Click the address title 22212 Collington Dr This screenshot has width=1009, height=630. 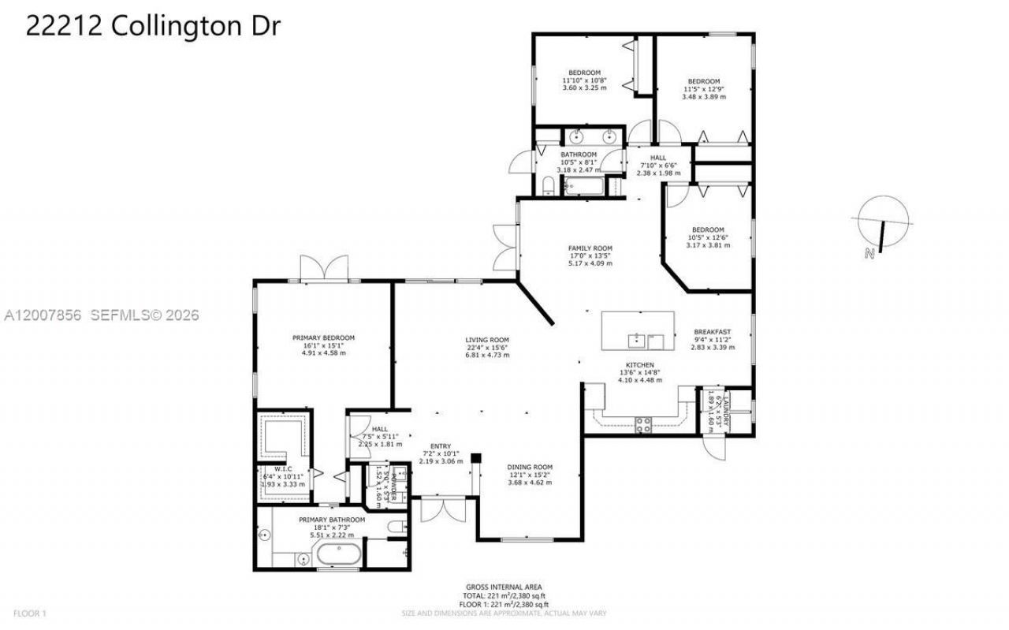153,25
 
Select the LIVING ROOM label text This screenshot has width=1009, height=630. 486,341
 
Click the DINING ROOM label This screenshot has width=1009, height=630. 529,467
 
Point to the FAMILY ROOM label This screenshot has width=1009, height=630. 590,248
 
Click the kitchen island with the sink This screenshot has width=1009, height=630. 639,330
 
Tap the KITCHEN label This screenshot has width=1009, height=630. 639,365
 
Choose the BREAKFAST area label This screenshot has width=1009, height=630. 712,332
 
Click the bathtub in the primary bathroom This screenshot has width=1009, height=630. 338,557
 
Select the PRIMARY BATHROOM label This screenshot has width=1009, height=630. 331,520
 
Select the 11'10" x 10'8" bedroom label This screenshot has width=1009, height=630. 584,73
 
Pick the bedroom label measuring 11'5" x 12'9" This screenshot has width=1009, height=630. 703,81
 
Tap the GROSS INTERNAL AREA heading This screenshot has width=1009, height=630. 502,587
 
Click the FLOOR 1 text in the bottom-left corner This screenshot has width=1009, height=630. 30,613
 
